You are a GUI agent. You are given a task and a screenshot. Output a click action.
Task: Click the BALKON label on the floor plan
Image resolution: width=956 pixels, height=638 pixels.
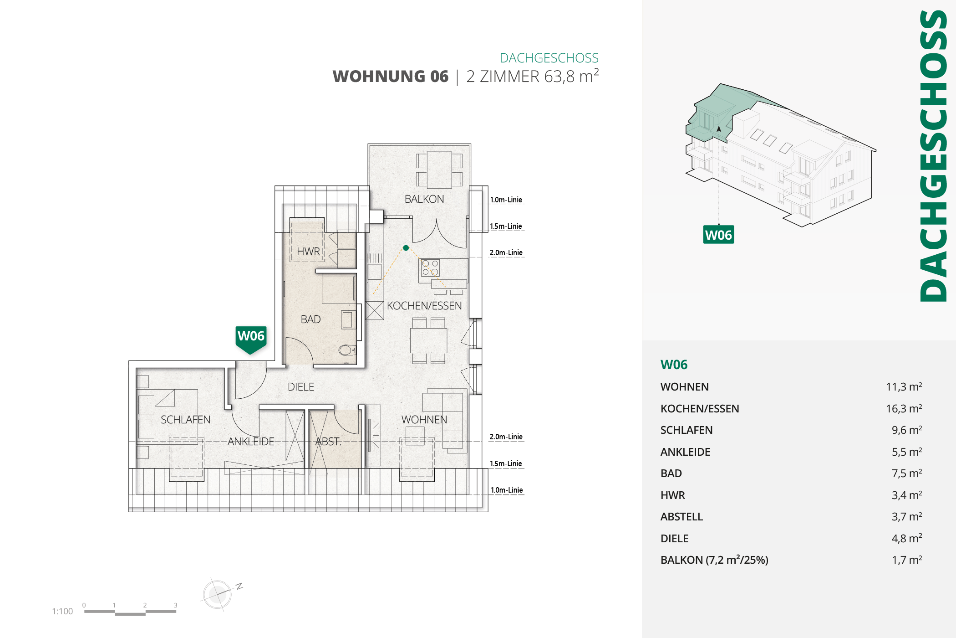[x=424, y=199]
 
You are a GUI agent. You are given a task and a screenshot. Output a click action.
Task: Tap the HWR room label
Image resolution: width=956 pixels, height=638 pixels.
[x=308, y=252]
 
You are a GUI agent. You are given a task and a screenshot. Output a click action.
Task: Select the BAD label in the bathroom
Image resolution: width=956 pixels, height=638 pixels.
[x=310, y=319]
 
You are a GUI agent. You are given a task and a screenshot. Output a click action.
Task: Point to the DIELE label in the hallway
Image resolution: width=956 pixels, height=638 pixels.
[x=301, y=387]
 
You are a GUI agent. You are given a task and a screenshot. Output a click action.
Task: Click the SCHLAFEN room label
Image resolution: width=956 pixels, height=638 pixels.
[x=185, y=420]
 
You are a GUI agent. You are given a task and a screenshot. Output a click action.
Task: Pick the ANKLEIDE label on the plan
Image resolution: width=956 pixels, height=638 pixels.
[x=251, y=442]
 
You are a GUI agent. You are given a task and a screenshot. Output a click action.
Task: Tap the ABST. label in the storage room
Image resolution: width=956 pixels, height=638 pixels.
[x=328, y=442]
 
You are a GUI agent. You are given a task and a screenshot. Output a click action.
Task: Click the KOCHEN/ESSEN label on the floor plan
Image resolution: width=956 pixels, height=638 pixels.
[x=424, y=306]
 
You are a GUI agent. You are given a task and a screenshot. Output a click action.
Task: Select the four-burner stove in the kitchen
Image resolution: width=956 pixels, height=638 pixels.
[x=430, y=268]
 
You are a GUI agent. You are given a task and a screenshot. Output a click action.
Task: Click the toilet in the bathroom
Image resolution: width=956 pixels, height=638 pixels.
[x=346, y=350]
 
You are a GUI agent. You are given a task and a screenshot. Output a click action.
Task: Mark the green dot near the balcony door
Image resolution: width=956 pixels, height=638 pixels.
[x=406, y=248]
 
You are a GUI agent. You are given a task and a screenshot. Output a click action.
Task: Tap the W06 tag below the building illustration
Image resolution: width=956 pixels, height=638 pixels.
[x=718, y=235]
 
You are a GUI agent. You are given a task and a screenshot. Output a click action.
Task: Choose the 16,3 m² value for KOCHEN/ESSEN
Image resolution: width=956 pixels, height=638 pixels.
[x=904, y=409]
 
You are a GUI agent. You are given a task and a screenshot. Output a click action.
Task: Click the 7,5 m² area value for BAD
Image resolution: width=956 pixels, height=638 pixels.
[x=906, y=473]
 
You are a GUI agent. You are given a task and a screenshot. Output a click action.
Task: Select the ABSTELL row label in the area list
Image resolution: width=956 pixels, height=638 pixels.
[x=681, y=517]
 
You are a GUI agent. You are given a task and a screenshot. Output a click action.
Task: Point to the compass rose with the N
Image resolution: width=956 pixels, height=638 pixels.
[x=218, y=594]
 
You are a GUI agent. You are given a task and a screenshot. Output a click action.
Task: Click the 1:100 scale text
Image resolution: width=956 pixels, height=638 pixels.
[x=62, y=612]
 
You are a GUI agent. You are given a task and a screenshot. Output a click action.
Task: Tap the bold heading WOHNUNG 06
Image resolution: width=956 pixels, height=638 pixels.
[x=391, y=77]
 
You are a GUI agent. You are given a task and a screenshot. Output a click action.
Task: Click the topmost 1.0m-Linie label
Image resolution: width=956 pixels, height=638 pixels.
[x=506, y=200]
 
